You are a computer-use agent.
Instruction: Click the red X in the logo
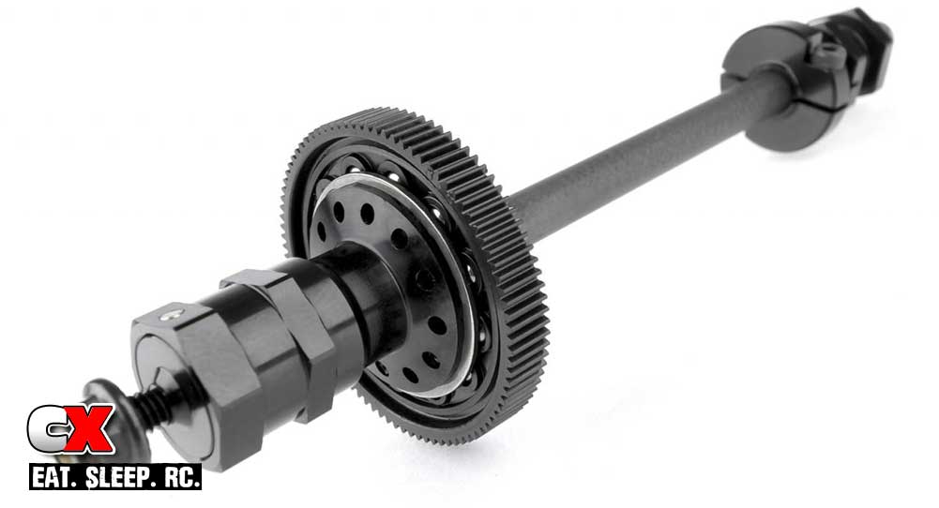coord(88,429)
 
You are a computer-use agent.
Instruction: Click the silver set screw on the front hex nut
coord(174,312)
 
